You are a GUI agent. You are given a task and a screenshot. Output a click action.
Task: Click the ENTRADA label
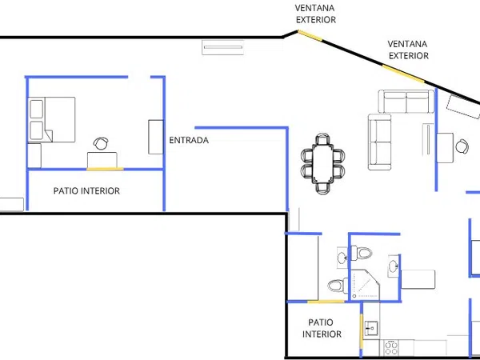(189, 140)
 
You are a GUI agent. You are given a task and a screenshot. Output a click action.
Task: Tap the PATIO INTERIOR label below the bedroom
(86, 190)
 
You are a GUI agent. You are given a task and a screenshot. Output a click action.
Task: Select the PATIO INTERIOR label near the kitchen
(322, 328)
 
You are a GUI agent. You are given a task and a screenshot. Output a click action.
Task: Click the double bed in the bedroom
(51, 119)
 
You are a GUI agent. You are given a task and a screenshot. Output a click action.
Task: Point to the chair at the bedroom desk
(101, 143)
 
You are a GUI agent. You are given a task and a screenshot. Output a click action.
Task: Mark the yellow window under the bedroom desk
(105, 169)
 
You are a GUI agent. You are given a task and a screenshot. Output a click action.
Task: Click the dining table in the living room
(322, 163)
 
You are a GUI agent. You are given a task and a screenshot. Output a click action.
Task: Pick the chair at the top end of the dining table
(323, 139)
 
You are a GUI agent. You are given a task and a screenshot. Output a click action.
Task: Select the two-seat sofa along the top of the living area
(406, 102)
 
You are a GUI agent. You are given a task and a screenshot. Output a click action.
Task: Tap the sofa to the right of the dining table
(379, 142)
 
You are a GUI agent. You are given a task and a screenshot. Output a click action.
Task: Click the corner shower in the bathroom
(365, 285)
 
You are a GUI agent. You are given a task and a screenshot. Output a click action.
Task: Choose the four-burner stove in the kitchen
(391, 348)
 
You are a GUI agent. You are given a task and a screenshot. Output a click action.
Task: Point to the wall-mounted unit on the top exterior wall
(223, 47)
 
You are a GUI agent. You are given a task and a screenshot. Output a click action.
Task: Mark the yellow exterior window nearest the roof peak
(310, 35)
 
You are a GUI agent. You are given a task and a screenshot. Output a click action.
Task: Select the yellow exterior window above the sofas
(403, 74)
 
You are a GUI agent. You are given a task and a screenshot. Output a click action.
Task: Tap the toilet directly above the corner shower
(362, 253)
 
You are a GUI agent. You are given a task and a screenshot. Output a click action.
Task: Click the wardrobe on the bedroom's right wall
(156, 137)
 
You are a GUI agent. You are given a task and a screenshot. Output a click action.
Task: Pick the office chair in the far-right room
(462, 146)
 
